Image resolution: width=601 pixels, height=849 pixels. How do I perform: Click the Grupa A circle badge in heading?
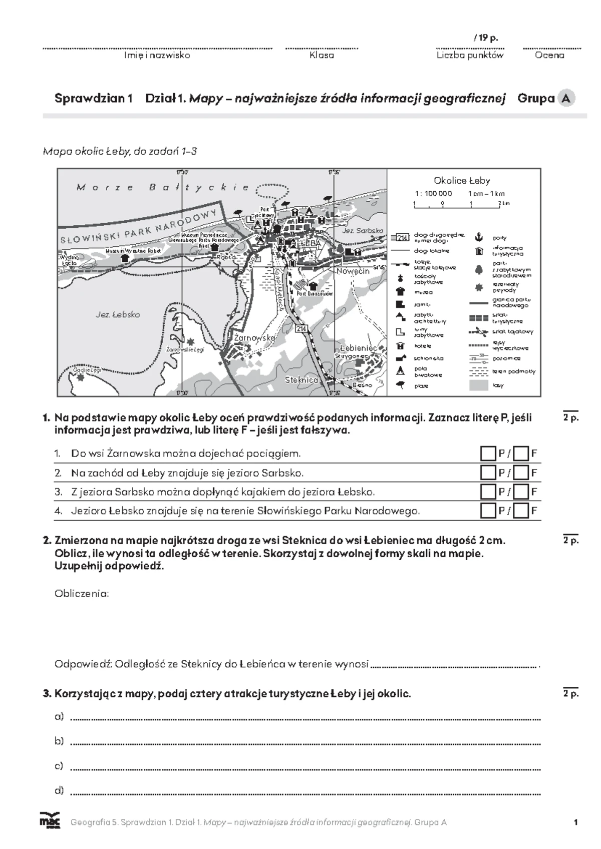coord(566,98)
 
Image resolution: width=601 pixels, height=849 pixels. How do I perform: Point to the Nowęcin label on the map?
coord(353,271)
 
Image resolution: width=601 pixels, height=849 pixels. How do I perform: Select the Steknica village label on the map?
coord(302,379)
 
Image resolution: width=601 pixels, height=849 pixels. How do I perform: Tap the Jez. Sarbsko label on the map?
coord(363,231)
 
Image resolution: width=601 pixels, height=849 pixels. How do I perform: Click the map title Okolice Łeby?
coord(462,181)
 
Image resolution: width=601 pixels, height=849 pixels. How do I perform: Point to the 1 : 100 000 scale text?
coord(433,193)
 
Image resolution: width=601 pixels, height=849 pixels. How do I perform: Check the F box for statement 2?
coord(521,473)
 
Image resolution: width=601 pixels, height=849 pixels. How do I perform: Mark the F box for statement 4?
coord(521,511)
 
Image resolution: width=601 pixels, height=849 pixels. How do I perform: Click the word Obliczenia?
coord(82,594)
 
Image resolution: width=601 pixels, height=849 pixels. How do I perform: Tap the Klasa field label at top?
coord(322,56)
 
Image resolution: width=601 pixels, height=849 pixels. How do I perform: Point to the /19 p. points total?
coord(485,38)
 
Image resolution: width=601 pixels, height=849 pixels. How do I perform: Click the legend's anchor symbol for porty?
coord(478,237)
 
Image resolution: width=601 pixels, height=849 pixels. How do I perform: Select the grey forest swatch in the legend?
coord(478,385)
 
